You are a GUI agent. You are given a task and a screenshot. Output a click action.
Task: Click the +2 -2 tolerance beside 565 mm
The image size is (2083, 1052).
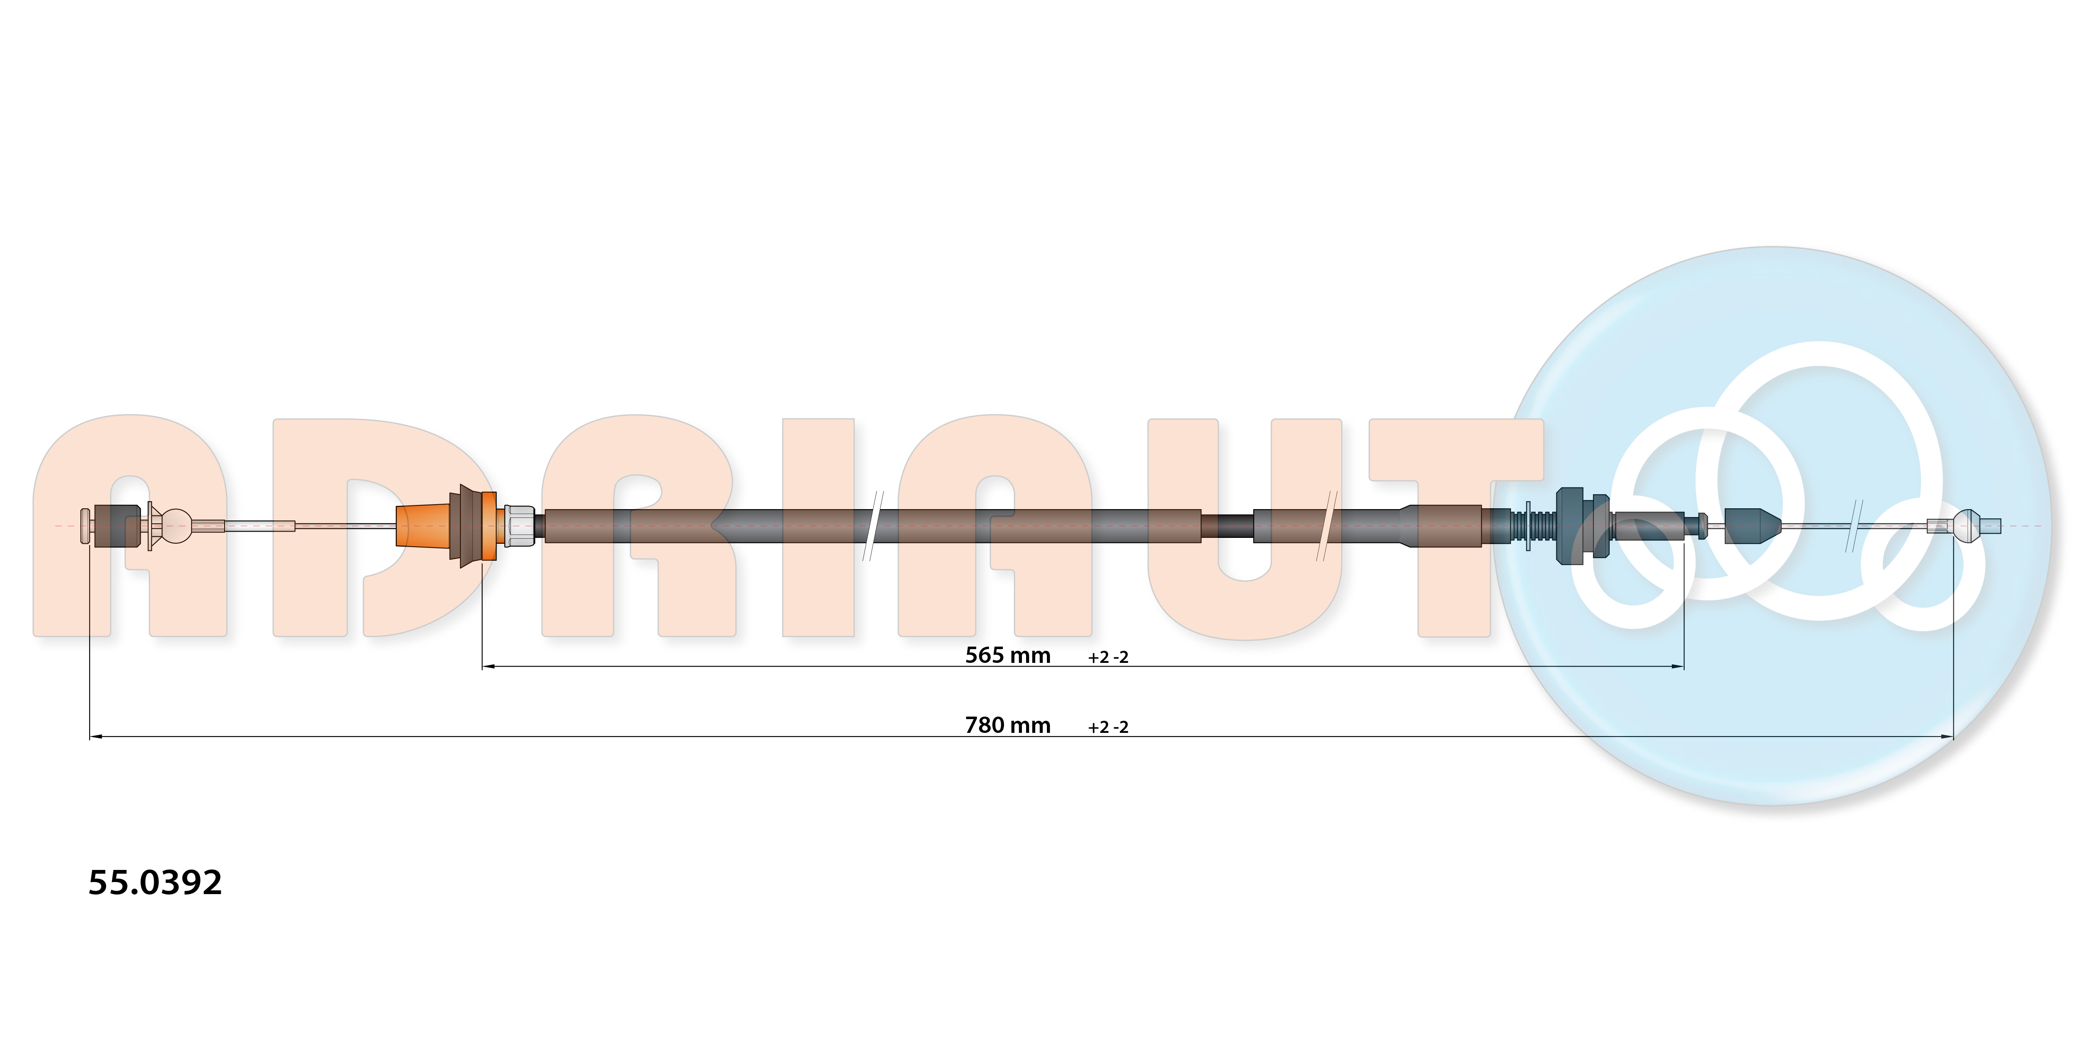click(x=1108, y=657)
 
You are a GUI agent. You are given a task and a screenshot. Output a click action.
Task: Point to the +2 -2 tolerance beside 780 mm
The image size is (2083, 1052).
click(x=1108, y=727)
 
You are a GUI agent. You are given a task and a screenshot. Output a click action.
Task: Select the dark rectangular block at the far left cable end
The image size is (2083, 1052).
click(x=117, y=526)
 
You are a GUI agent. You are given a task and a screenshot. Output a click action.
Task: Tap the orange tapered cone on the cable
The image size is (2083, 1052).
click(x=423, y=526)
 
